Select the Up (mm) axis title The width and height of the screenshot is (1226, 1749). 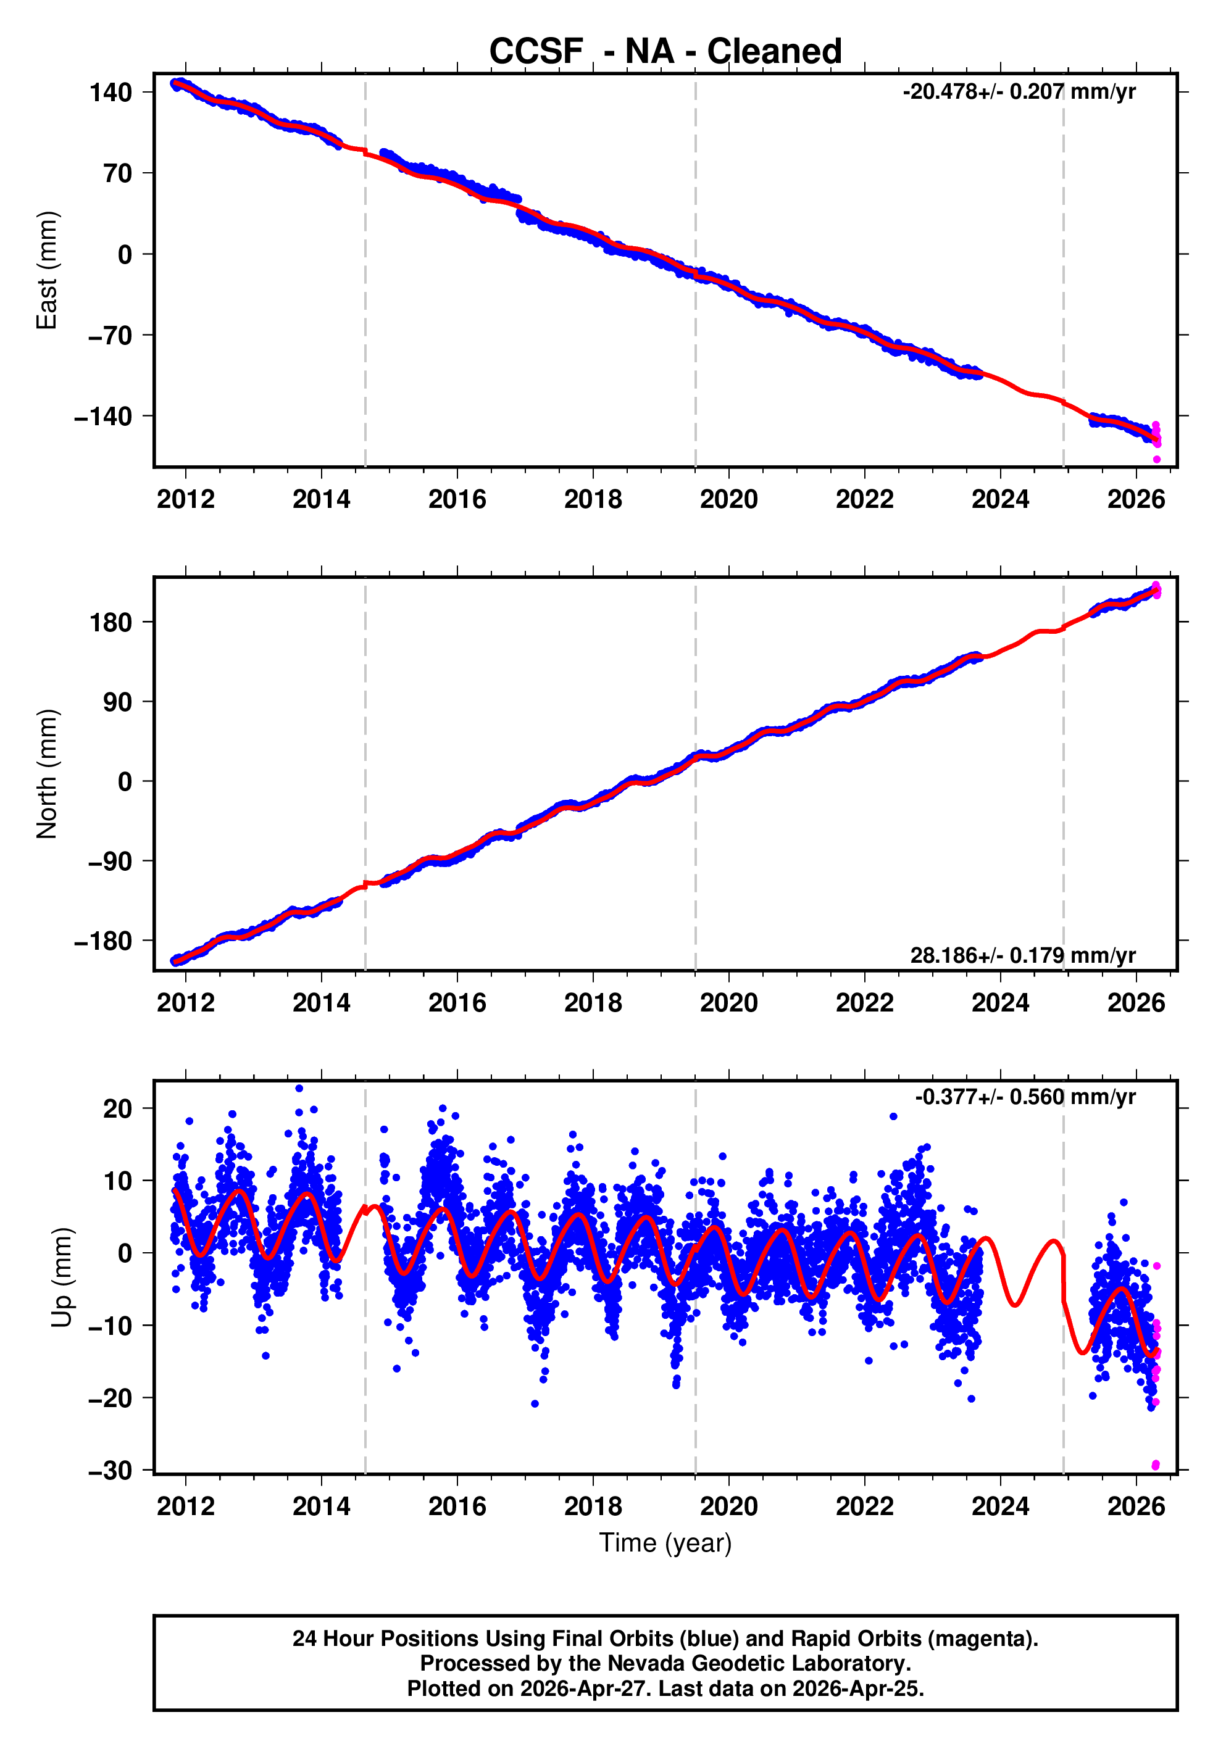(x=62, y=1277)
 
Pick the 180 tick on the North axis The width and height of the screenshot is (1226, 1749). (x=111, y=622)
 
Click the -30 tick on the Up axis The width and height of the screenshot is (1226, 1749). (x=111, y=1470)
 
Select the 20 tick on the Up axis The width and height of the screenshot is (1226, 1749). (x=117, y=1108)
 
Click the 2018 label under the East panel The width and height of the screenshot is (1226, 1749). (x=593, y=500)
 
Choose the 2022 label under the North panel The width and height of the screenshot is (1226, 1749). (x=864, y=1003)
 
